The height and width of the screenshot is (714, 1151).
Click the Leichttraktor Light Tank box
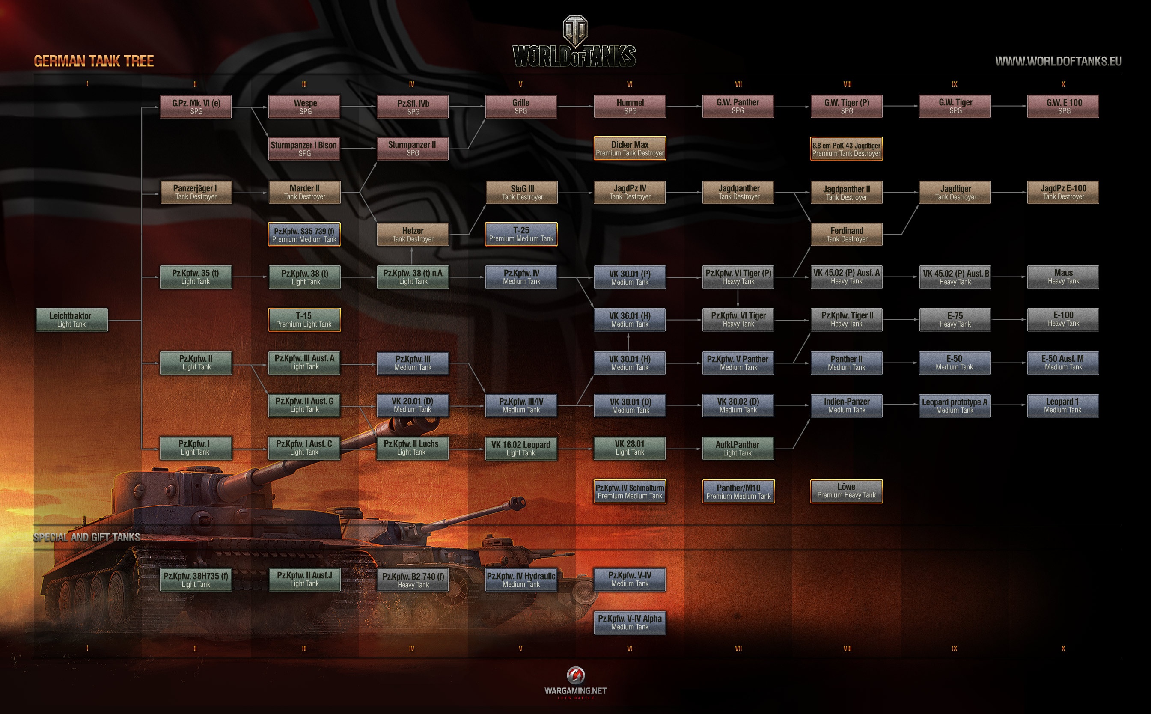click(72, 320)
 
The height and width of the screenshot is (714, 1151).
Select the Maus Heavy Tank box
click(1063, 277)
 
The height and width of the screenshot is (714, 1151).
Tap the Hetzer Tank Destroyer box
click(413, 234)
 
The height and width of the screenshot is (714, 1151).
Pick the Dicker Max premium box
click(630, 148)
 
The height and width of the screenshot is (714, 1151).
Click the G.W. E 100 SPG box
click(1063, 106)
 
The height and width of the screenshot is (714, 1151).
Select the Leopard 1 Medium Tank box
click(1063, 406)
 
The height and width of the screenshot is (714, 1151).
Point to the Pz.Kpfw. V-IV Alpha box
click(630, 622)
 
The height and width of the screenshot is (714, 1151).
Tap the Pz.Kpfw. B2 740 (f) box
click(413, 580)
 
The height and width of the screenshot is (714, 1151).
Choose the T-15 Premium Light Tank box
click(304, 320)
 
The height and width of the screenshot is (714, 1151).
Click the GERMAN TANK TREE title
click(94, 61)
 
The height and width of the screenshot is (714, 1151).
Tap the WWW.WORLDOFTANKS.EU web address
click(1058, 61)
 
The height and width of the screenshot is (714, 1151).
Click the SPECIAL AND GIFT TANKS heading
click(87, 537)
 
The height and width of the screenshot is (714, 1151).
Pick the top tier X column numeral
click(1063, 84)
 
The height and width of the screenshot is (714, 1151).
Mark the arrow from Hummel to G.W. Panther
click(684, 107)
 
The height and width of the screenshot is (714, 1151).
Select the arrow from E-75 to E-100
click(1009, 320)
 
